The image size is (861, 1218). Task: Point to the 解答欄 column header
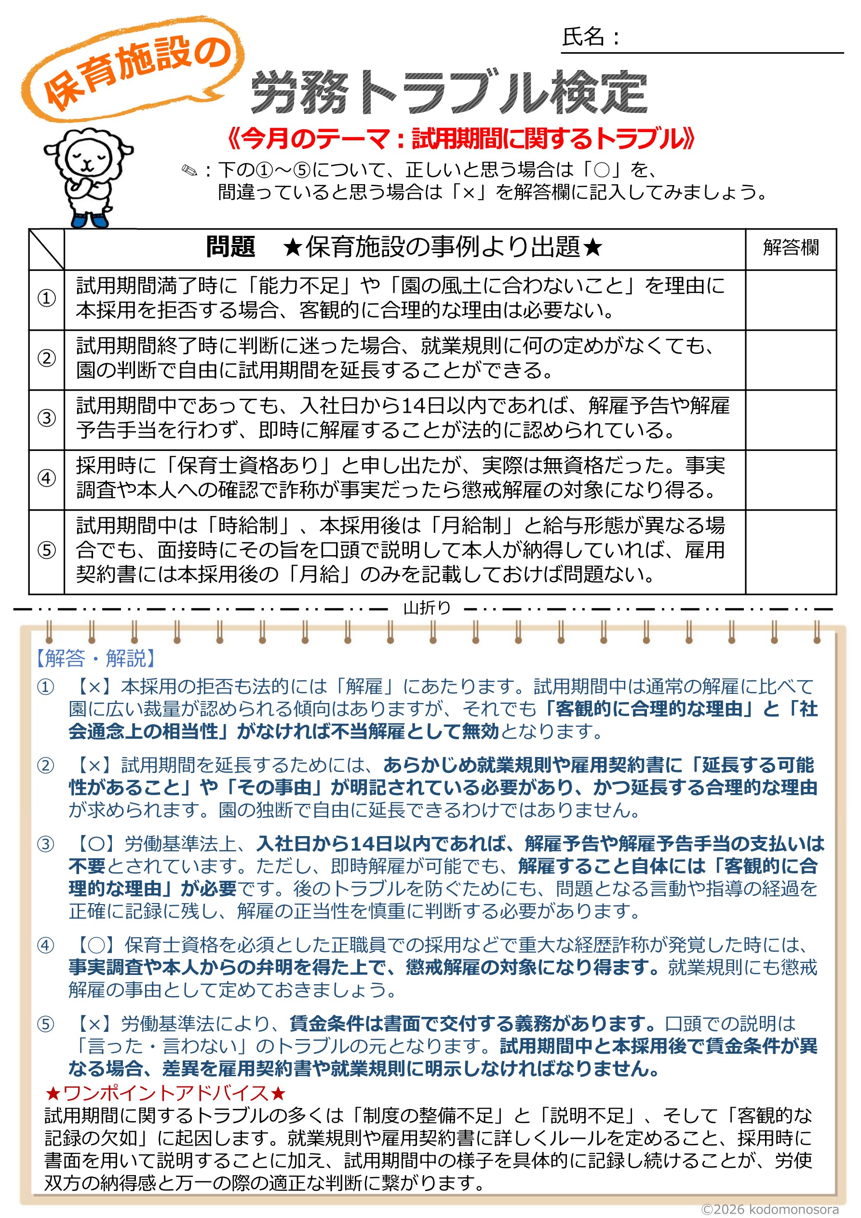(791, 248)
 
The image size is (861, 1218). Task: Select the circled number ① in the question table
(47, 298)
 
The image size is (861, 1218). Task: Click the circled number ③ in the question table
(47, 418)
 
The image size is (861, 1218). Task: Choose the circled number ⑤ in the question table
(47, 550)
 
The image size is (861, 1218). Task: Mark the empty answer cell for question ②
(791, 359)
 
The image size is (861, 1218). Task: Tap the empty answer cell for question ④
(791, 480)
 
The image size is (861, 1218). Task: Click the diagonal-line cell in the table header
(47, 249)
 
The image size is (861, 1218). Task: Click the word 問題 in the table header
(231, 247)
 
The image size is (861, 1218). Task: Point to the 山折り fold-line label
(427, 608)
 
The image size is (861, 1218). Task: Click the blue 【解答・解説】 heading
(95, 658)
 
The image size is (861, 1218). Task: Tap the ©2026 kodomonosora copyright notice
(770, 1209)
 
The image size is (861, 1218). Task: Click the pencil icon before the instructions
(189, 171)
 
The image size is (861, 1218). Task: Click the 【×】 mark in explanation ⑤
(95, 1023)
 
